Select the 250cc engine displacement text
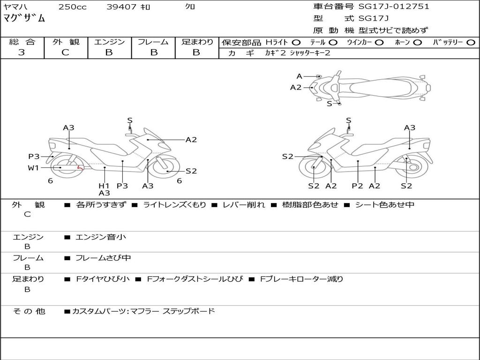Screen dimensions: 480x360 coord(72,7)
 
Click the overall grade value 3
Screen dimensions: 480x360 coord(22,52)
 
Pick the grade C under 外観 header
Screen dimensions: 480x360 coord(65,52)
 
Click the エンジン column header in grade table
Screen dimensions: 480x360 coord(109,42)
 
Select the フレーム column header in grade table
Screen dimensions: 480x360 coord(153,42)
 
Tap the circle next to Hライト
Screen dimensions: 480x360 coord(296,43)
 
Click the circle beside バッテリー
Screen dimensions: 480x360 coord(471,43)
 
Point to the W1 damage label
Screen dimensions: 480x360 coord(33,168)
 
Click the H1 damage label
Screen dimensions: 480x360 coord(104,186)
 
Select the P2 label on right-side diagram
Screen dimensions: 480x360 coord(358,186)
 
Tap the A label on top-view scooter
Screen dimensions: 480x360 coord(300,76)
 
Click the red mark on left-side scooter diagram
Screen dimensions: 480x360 coord(80,167)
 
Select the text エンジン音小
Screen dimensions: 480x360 coord(101,237)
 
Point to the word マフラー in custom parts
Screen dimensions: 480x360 coord(144,311)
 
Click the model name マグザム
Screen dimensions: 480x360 coord(24,19)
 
